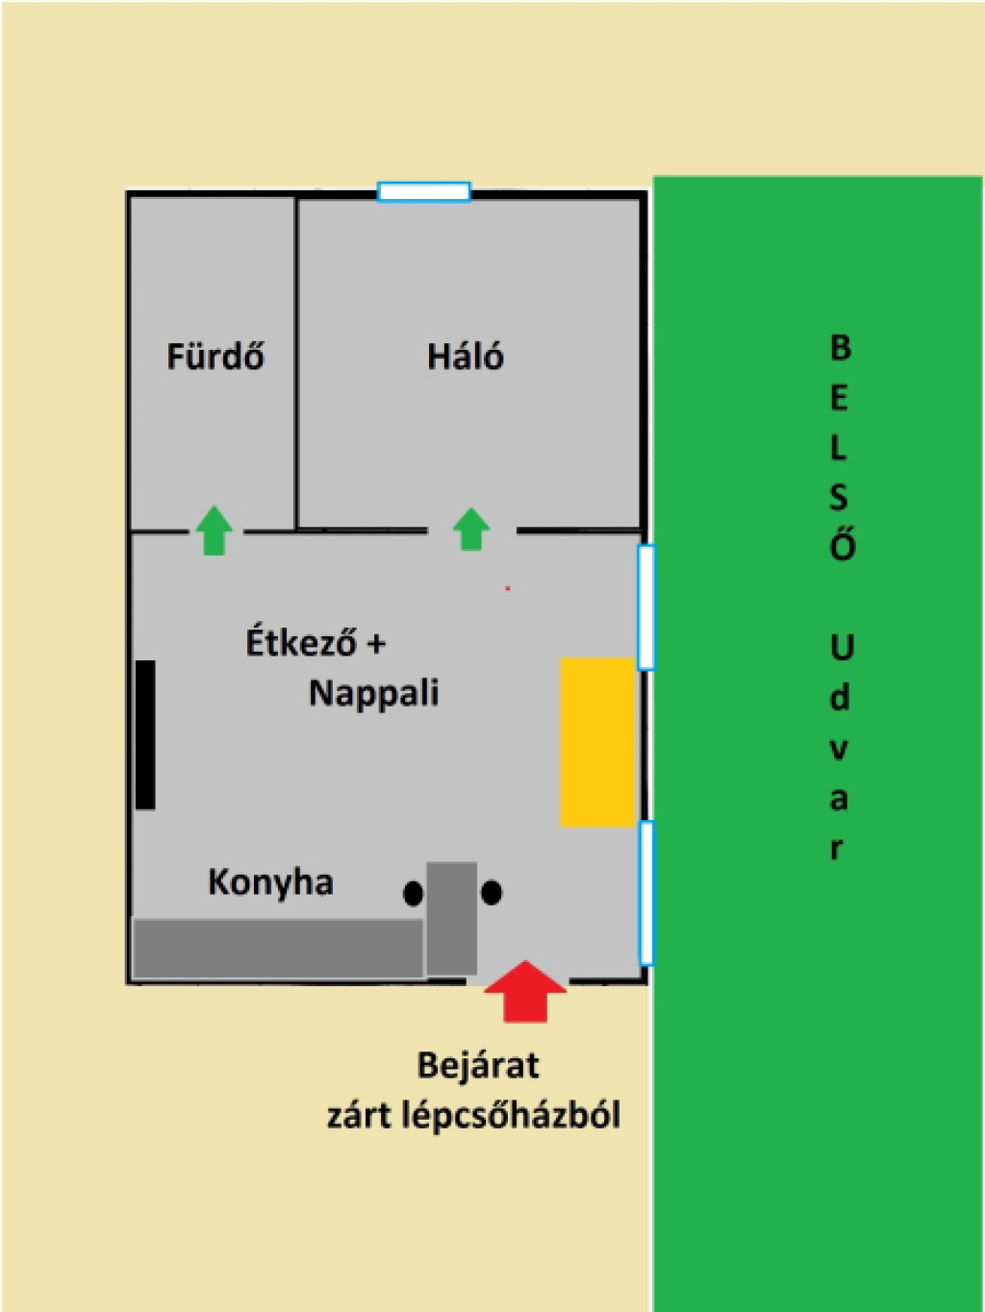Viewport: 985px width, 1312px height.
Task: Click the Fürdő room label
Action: tap(215, 356)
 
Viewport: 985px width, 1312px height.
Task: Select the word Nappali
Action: tap(374, 694)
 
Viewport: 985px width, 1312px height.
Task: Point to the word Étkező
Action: tap(301, 641)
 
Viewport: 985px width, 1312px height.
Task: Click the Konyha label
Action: tap(270, 883)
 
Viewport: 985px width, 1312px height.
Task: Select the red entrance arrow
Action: tap(525, 991)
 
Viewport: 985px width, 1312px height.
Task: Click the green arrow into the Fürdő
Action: tap(215, 531)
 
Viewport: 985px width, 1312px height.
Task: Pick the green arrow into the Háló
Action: tap(471, 529)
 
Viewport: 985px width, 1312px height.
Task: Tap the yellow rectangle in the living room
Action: tap(597, 742)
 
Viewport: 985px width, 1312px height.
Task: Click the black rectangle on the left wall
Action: tap(145, 734)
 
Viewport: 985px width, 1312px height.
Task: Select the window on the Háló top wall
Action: tap(424, 192)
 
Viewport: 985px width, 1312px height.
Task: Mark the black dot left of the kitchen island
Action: tap(414, 894)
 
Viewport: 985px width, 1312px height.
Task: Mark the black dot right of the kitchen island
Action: tap(492, 892)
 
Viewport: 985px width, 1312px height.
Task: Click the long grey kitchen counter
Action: tap(278, 949)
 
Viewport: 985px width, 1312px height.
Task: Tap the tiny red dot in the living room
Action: tap(508, 588)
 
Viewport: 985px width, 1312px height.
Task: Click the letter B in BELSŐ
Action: tap(841, 347)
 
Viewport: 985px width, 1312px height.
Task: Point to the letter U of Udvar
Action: tap(841, 647)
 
